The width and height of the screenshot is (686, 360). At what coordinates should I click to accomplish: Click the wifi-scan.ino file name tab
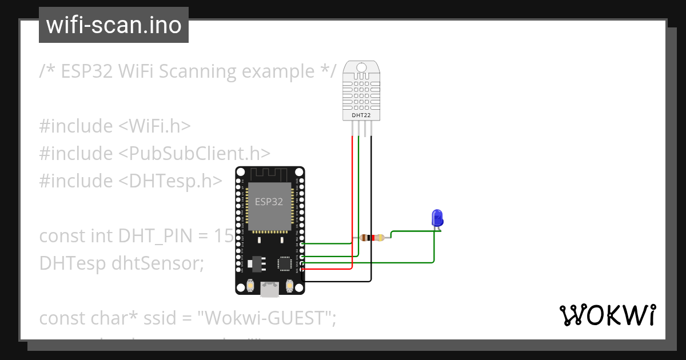[113, 25]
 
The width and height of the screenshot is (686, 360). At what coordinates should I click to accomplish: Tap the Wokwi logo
[607, 315]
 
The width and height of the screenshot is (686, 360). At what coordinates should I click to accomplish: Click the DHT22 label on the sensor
[361, 115]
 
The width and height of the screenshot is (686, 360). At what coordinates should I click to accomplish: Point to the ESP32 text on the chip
[269, 202]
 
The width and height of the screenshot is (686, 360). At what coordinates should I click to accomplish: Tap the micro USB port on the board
[269, 289]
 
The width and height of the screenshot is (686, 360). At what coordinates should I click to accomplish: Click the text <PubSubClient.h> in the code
[194, 153]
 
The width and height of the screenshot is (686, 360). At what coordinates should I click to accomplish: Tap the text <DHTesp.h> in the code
[170, 181]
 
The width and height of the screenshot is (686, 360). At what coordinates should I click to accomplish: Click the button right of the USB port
[289, 285]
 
